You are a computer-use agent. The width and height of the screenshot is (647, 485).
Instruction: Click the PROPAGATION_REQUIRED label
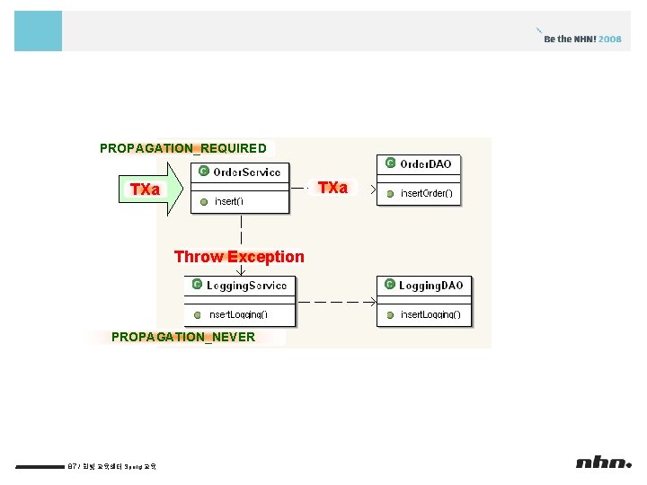coord(183,148)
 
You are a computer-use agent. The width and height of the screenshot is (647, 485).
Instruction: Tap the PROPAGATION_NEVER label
coord(183,337)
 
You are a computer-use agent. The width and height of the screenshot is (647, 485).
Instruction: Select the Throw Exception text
coord(239,257)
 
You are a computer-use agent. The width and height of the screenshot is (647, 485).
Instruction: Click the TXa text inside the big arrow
coord(145,190)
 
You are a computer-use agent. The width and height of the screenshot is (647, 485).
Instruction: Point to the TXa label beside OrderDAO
coord(332,188)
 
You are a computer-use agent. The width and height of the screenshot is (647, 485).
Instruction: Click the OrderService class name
coord(246,172)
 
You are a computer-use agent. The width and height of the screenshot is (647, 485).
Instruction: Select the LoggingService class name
coord(246,286)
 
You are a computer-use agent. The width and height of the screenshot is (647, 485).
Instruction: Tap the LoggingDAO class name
coord(431,286)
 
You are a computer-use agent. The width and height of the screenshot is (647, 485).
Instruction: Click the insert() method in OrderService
coord(228,201)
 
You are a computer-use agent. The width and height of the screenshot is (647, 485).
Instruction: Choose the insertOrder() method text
coord(426,193)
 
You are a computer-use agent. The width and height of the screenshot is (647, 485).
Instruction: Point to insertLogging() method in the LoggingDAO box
coord(430,315)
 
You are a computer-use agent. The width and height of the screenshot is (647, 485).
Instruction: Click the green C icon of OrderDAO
coord(390,163)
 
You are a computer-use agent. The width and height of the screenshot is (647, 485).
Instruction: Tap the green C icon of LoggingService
coord(197,286)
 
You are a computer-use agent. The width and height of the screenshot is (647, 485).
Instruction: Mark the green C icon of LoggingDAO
coord(390,286)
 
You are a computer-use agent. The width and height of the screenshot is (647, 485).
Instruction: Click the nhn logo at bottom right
coord(604,463)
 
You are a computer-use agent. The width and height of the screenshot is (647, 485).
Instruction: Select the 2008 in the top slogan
coord(610,40)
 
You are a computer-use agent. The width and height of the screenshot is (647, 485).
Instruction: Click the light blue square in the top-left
coord(39,31)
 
